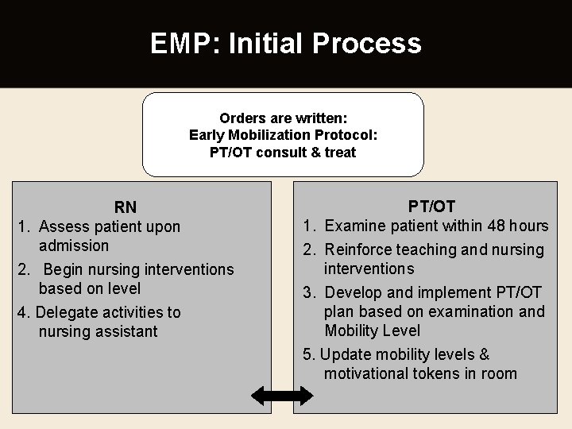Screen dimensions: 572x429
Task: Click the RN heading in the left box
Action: pyautogui.click(x=125, y=208)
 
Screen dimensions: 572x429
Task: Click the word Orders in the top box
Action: pyautogui.click(x=243, y=118)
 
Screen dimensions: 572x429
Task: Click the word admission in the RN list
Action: pyautogui.click(x=73, y=246)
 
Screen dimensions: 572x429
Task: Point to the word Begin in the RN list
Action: pyautogui.click(x=63, y=270)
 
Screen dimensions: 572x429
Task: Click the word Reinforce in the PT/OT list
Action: pyautogui.click(x=361, y=250)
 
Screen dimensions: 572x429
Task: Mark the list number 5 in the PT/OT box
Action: pyautogui.click(x=308, y=355)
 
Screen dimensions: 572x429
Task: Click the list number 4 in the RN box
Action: pyautogui.click(x=21, y=313)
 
